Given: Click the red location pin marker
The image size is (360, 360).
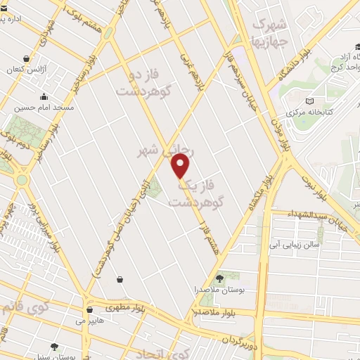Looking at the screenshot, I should [x=181, y=166].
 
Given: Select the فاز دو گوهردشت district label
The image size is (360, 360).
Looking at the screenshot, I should [x=145, y=83].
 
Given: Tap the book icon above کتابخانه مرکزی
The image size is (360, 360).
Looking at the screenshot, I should [x=311, y=101].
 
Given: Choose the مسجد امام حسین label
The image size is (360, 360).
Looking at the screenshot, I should [x=40, y=108].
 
